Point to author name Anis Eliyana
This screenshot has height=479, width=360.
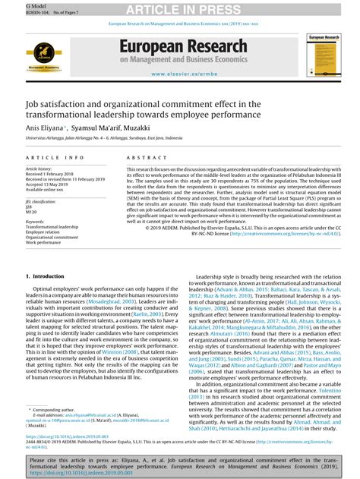(43, 128)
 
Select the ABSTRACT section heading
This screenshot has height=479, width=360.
(131, 157)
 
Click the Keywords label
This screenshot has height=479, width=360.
(35, 221)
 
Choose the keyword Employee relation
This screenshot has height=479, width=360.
(47, 232)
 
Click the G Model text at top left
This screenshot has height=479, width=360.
(13, 5)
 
